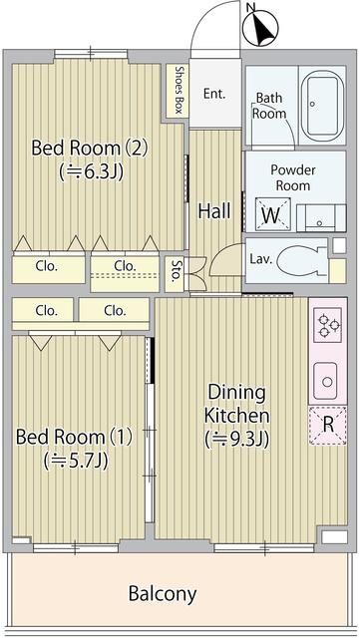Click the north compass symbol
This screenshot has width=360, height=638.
(x=260, y=27)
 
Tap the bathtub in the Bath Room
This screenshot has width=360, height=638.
(x=322, y=105)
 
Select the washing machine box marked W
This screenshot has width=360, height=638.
(x=272, y=214)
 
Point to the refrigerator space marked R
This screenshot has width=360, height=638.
(x=328, y=426)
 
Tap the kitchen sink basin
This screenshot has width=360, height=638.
(x=325, y=381)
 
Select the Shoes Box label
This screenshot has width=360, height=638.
(x=178, y=90)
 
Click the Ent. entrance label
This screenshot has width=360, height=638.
(x=214, y=94)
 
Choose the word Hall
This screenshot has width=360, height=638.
(x=214, y=211)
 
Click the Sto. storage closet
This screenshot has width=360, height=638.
(x=176, y=273)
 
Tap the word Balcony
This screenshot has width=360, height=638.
(x=163, y=594)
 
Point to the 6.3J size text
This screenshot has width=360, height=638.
(x=91, y=171)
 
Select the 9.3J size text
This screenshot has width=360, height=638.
(x=237, y=440)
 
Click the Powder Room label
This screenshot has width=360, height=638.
(x=293, y=177)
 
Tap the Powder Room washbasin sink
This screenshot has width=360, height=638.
(x=321, y=218)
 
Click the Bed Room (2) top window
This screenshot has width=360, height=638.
(x=91, y=53)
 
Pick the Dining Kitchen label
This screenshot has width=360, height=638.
(x=237, y=404)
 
